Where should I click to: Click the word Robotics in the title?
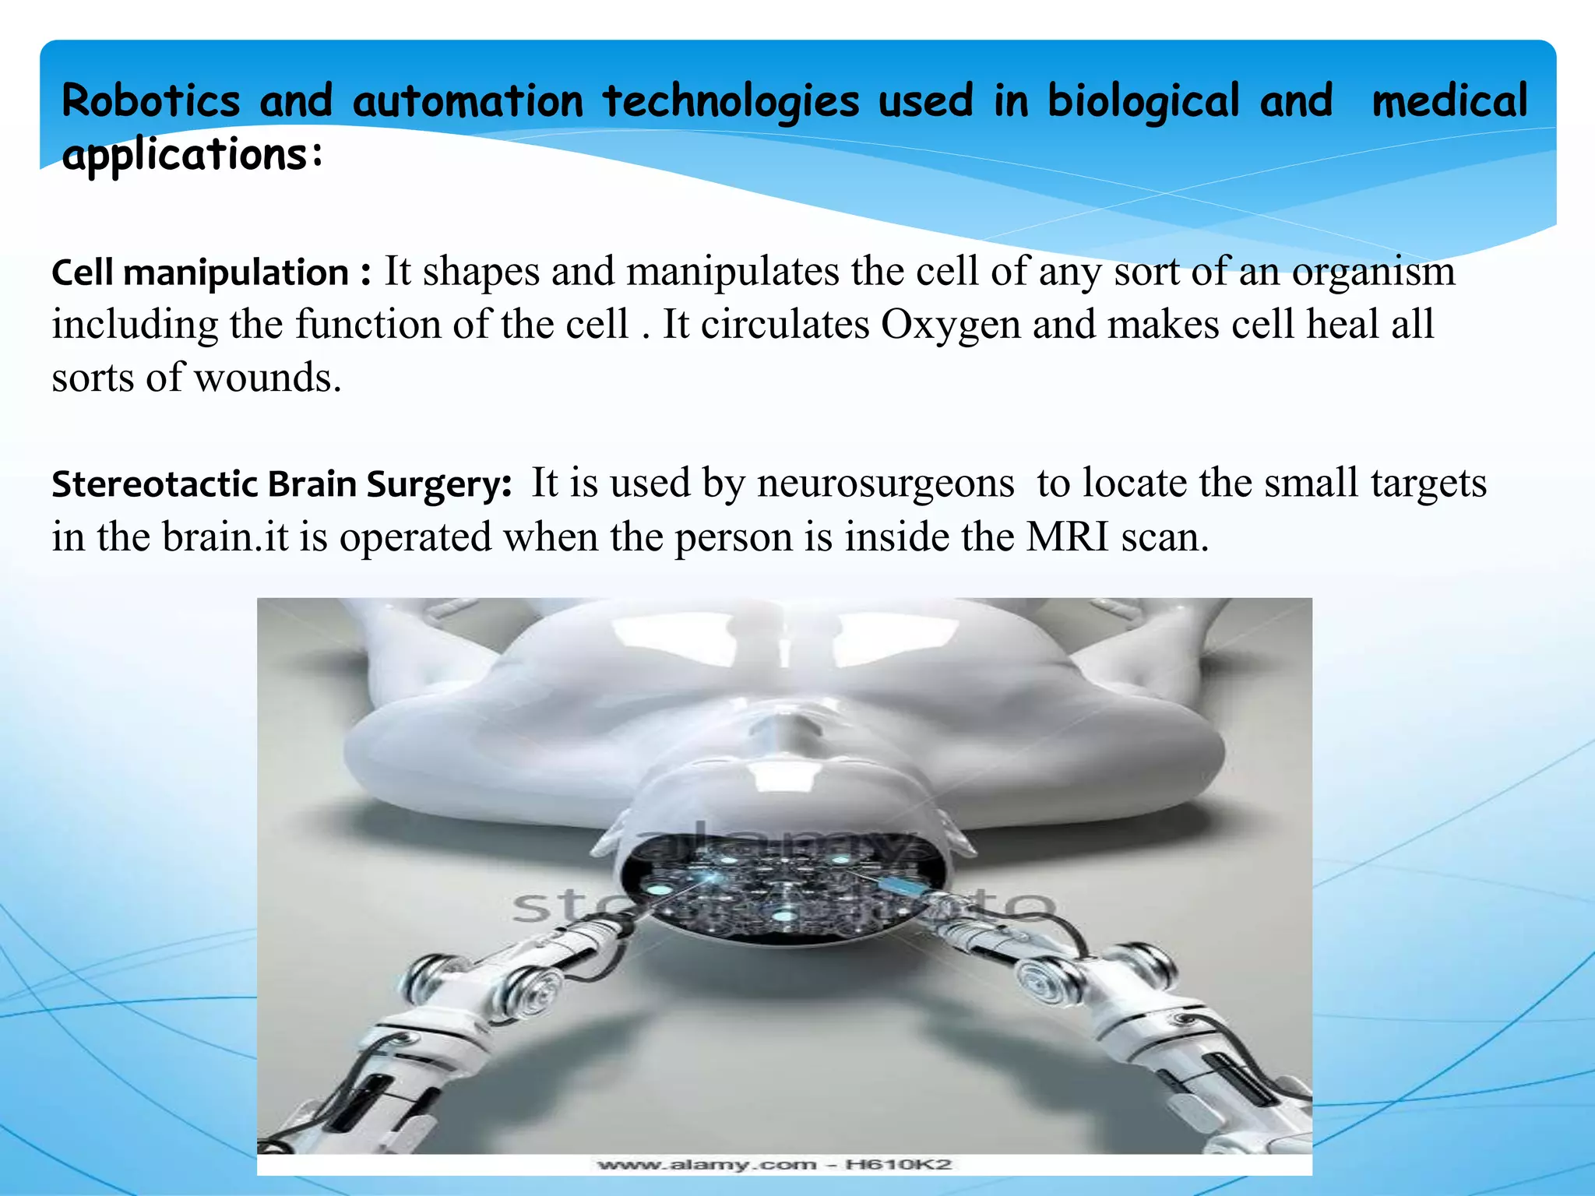pyautogui.click(x=151, y=101)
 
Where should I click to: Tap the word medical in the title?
pyautogui.click(x=1449, y=101)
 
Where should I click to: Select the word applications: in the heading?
pyautogui.click(x=192, y=154)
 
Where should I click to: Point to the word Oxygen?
pyautogui.click(x=950, y=325)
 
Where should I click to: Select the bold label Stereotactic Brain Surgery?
pyautogui.click(x=281, y=484)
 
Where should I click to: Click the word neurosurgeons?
pyautogui.click(x=886, y=484)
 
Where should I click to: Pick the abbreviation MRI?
pyautogui.click(x=1067, y=537)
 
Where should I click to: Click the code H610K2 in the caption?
pyautogui.click(x=899, y=1165)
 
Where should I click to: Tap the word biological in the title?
pyautogui.click(x=1143, y=101)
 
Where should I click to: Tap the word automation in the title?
pyautogui.click(x=467, y=101)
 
